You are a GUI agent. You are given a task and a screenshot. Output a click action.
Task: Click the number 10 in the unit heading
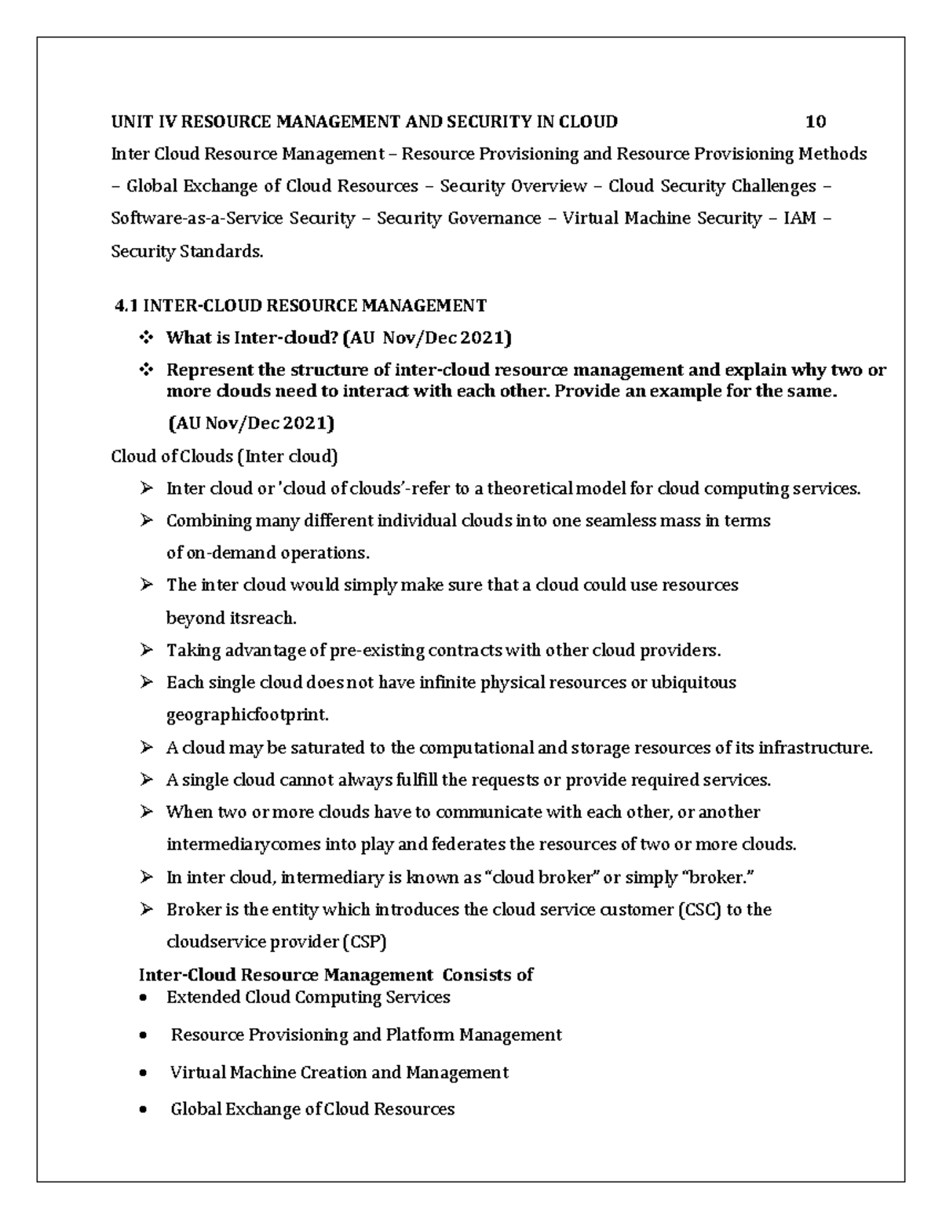point(816,122)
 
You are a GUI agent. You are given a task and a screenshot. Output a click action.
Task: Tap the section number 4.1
point(126,305)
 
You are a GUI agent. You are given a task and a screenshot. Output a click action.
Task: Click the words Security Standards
point(187,251)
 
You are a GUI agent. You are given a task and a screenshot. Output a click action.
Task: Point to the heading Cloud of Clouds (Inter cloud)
point(225,456)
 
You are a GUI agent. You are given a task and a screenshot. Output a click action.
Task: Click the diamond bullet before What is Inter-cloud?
point(146,338)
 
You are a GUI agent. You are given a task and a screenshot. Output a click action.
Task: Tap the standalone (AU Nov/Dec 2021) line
point(250,424)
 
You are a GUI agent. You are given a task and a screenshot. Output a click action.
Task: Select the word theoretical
point(530,489)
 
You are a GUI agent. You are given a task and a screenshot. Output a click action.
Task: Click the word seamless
point(619,521)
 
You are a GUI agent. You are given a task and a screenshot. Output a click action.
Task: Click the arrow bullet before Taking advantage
point(146,651)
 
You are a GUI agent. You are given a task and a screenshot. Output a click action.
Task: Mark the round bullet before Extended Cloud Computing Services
point(142,998)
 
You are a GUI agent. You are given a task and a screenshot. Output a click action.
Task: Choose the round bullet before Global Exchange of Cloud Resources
point(142,1110)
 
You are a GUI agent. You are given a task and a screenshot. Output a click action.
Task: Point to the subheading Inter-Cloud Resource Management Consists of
point(336,975)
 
